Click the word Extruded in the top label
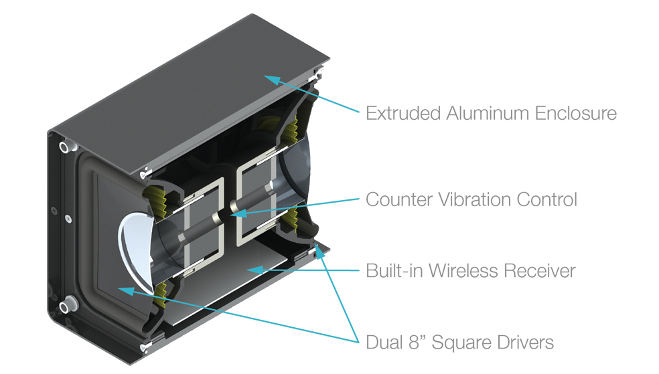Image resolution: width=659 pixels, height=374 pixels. click(403, 113)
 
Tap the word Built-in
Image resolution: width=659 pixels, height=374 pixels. click(394, 271)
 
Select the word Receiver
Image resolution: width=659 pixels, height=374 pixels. click(540, 271)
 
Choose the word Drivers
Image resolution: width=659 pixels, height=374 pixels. click(526, 343)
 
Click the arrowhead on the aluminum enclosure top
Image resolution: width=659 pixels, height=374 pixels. click(272, 80)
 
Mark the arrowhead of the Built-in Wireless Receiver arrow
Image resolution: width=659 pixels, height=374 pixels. click(254, 270)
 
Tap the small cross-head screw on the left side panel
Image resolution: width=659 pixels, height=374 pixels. click(68, 219)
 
